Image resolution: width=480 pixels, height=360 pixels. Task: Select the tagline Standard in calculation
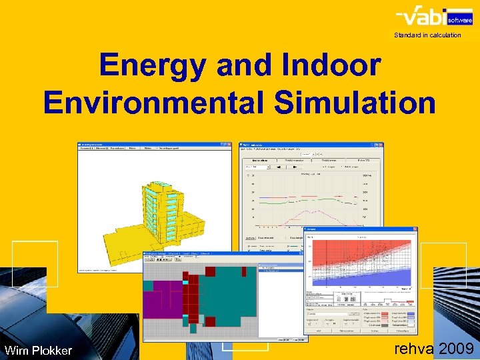pyautogui.click(x=427, y=35)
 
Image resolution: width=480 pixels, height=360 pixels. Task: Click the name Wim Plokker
pyautogui.click(x=38, y=350)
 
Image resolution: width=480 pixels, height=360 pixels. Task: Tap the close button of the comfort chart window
pyautogui.click(x=414, y=229)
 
